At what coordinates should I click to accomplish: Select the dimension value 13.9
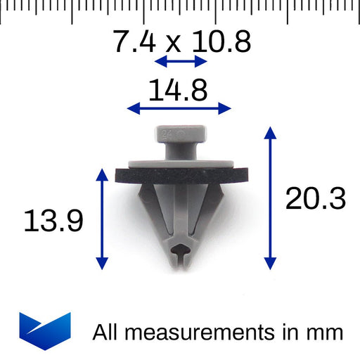53,221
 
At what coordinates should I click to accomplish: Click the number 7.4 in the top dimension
135,42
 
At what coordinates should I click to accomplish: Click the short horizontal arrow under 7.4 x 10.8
181,62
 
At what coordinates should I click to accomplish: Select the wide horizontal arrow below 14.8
179,108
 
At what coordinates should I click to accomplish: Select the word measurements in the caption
203,331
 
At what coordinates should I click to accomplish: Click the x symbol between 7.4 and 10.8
171,44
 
